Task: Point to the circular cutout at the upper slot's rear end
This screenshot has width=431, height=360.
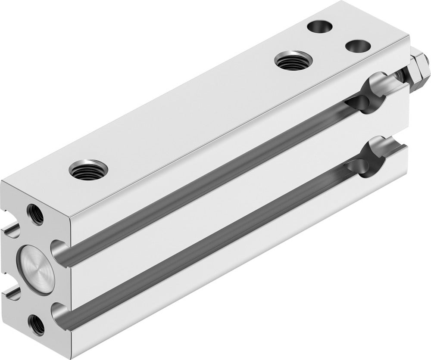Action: tap(364, 100)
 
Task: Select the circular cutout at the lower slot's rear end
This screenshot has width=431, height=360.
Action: tap(366, 163)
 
